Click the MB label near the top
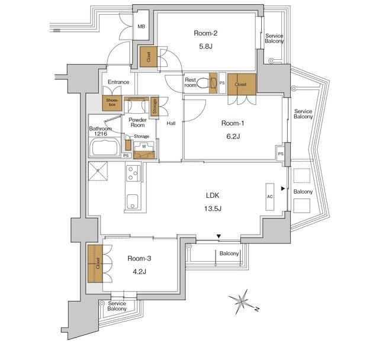[x=142, y=27]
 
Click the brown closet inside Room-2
[x=147, y=57]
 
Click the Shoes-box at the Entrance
[x=112, y=103]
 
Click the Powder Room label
[x=137, y=122]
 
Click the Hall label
[x=171, y=123]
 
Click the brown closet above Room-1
[x=241, y=85]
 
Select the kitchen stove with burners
[x=132, y=173]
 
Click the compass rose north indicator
[x=242, y=301]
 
